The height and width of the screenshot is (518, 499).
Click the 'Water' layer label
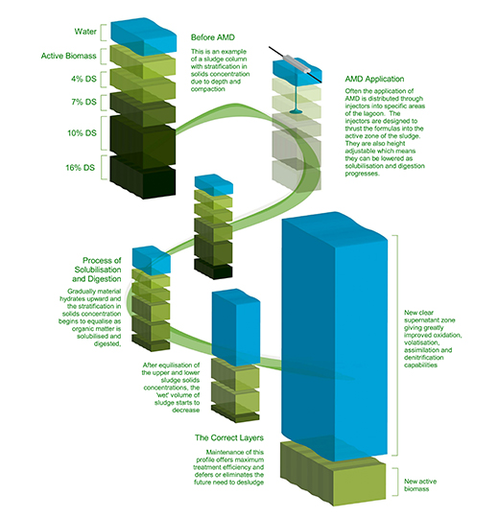[85, 32]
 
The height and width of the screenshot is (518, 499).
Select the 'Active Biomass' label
[69, 56]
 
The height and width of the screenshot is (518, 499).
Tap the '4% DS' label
[83, 79]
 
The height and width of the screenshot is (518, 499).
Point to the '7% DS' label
[83, 102]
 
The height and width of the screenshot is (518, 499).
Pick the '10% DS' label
[82, 132]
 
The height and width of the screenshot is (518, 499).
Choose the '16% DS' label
[80, 168]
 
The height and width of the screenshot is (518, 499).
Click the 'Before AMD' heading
[213, 37]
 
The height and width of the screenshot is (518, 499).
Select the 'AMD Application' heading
[374, 79]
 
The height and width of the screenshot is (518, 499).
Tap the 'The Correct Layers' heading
[229, 437]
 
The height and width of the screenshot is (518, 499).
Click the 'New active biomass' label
[420, 485]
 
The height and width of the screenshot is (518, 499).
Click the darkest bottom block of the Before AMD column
[143, 177]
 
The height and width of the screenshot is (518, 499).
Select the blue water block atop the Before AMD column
[143, 36]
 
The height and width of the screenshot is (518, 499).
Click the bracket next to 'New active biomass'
[395, 482]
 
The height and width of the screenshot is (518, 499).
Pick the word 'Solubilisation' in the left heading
[98, 270]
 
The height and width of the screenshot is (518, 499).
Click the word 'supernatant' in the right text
[429, 319]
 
